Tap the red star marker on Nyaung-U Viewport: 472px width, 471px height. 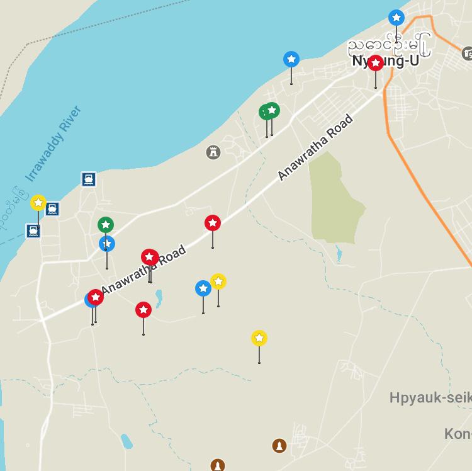(x=376, y=63)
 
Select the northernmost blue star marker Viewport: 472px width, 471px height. (x=396, y=17)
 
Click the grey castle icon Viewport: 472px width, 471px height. (x=213, y=152)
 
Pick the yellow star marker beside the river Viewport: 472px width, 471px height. (x=38, y=203)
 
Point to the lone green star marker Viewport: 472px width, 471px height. (x=106, y=225)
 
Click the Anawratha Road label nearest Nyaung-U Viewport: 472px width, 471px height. (x=315, y=147)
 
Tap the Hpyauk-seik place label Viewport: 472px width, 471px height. (x=430, y=398)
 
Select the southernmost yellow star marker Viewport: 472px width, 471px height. (x=259, y=338)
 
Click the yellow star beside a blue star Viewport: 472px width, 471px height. (x=218, y=281)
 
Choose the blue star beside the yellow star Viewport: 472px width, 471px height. (x=203, y=288)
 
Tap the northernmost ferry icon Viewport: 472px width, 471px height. (x=89, y=179)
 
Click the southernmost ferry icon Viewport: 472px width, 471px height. (x=33, y=230)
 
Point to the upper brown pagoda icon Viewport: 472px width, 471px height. (x=279, y=446)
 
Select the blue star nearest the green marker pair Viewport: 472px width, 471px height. (x=291, y=59)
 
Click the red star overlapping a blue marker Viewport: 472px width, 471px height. (x=96, y=297)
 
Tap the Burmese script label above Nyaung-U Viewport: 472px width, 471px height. (x=390, y=45)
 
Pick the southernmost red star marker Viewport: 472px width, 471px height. (x=143, y=310)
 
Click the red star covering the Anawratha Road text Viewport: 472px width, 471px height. (x=149, y=257)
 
